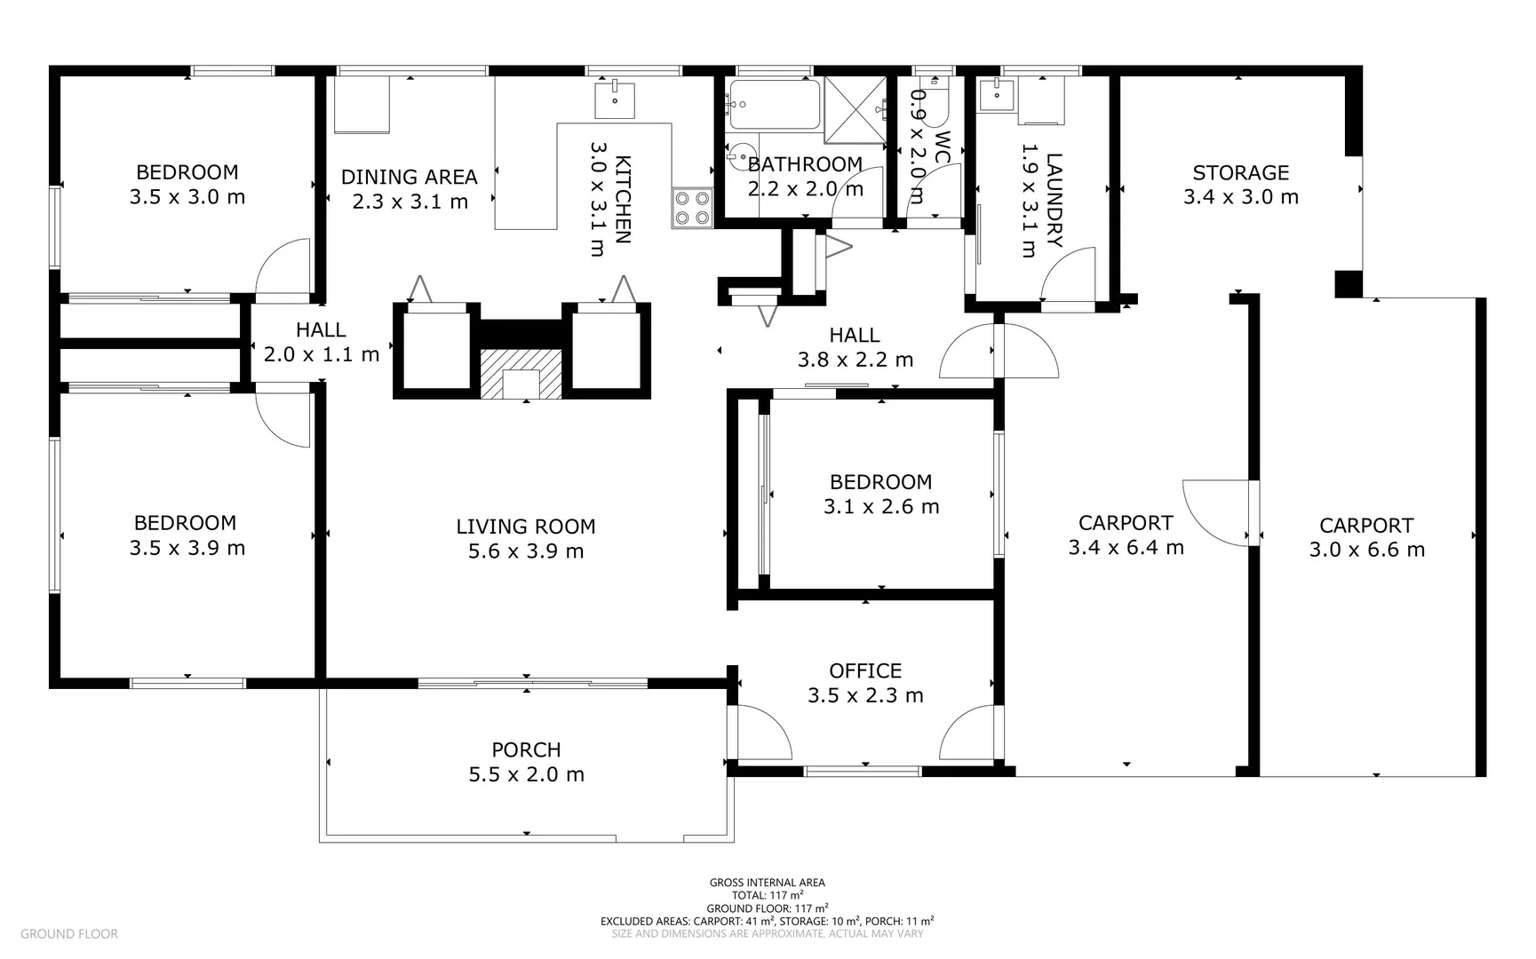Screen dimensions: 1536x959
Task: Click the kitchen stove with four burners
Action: click(693, 209)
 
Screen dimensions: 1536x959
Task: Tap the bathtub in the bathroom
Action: click(773, 105)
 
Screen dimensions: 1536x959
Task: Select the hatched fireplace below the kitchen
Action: click(521, 373)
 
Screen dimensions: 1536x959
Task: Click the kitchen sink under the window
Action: click(615, 99)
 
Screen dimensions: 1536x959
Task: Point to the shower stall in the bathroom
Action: click(856, 110)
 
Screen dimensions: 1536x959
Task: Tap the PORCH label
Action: click(526, 750)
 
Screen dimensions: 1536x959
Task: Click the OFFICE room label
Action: click(865, 671)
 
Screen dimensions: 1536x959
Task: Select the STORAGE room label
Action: click(1240, 173)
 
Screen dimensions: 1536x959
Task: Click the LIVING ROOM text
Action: click(526, 527)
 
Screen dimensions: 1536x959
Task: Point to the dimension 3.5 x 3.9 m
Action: click(187, 548)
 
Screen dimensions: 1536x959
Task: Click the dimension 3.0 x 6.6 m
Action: click(1366, 551)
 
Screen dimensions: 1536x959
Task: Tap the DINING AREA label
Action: click(410, 178)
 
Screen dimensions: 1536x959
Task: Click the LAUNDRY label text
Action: click(1054, 200)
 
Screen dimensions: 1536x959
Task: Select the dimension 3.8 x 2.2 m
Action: click(856, 360)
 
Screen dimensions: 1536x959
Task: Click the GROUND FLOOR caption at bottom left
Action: click(69, 934)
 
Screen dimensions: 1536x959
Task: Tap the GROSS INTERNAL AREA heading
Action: click(768, 883)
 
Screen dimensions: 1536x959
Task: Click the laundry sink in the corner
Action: click(997, 93)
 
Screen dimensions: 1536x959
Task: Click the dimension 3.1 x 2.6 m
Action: click(881, 507)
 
